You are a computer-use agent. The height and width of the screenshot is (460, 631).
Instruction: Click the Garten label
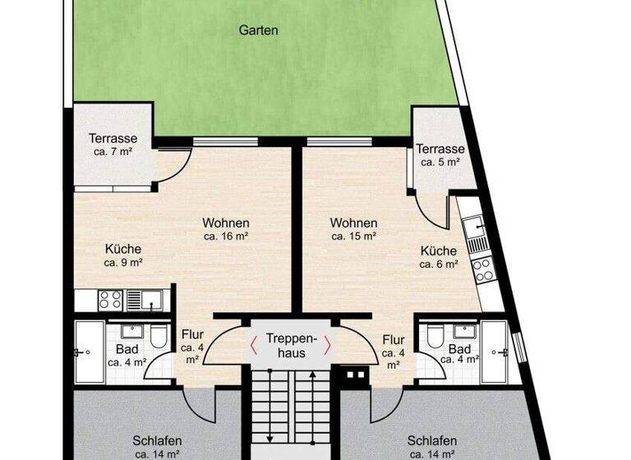[259, 30]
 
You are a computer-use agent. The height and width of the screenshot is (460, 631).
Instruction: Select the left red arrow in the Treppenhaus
[255, 346]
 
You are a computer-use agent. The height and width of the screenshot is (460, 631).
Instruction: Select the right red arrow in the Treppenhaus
[328, 346]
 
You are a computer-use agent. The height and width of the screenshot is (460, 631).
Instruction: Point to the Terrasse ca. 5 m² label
[440, 155]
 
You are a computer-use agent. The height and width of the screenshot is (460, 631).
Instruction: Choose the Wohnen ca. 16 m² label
[226, 229]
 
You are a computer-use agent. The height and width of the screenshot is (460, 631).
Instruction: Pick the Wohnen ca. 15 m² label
[353, 229]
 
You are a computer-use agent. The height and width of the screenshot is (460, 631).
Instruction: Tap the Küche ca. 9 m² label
[123, 255]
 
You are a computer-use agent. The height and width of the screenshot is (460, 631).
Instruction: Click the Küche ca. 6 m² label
[438, 257]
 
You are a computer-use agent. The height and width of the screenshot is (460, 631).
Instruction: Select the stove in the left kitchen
[110, 298]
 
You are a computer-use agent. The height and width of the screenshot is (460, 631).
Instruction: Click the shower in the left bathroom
[89, 352]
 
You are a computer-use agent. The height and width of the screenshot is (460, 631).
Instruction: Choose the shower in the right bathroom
[495, 352]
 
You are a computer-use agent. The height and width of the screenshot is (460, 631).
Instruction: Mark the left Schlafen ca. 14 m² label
[156, 446]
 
